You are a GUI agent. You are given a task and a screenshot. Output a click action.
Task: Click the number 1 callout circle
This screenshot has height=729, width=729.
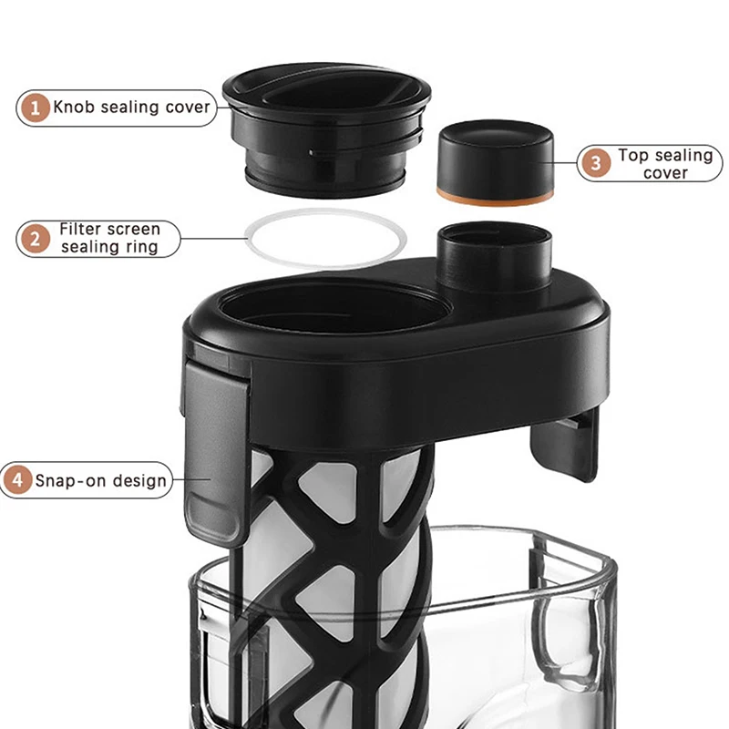[x=36, y=108]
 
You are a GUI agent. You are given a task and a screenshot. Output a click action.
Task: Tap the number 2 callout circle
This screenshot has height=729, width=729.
[x=36, y=240]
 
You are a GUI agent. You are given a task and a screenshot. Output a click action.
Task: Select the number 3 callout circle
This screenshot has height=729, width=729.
[x=596, y=164]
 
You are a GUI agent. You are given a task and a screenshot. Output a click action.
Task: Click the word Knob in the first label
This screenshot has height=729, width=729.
[x=73, y=108]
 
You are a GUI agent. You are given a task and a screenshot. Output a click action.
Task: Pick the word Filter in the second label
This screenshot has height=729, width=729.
[x=79, y=230]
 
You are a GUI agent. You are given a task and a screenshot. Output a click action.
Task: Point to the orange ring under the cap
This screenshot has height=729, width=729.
[x=497, y=194]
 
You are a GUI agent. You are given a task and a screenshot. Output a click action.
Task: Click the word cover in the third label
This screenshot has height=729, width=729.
[x=665, y=173]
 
